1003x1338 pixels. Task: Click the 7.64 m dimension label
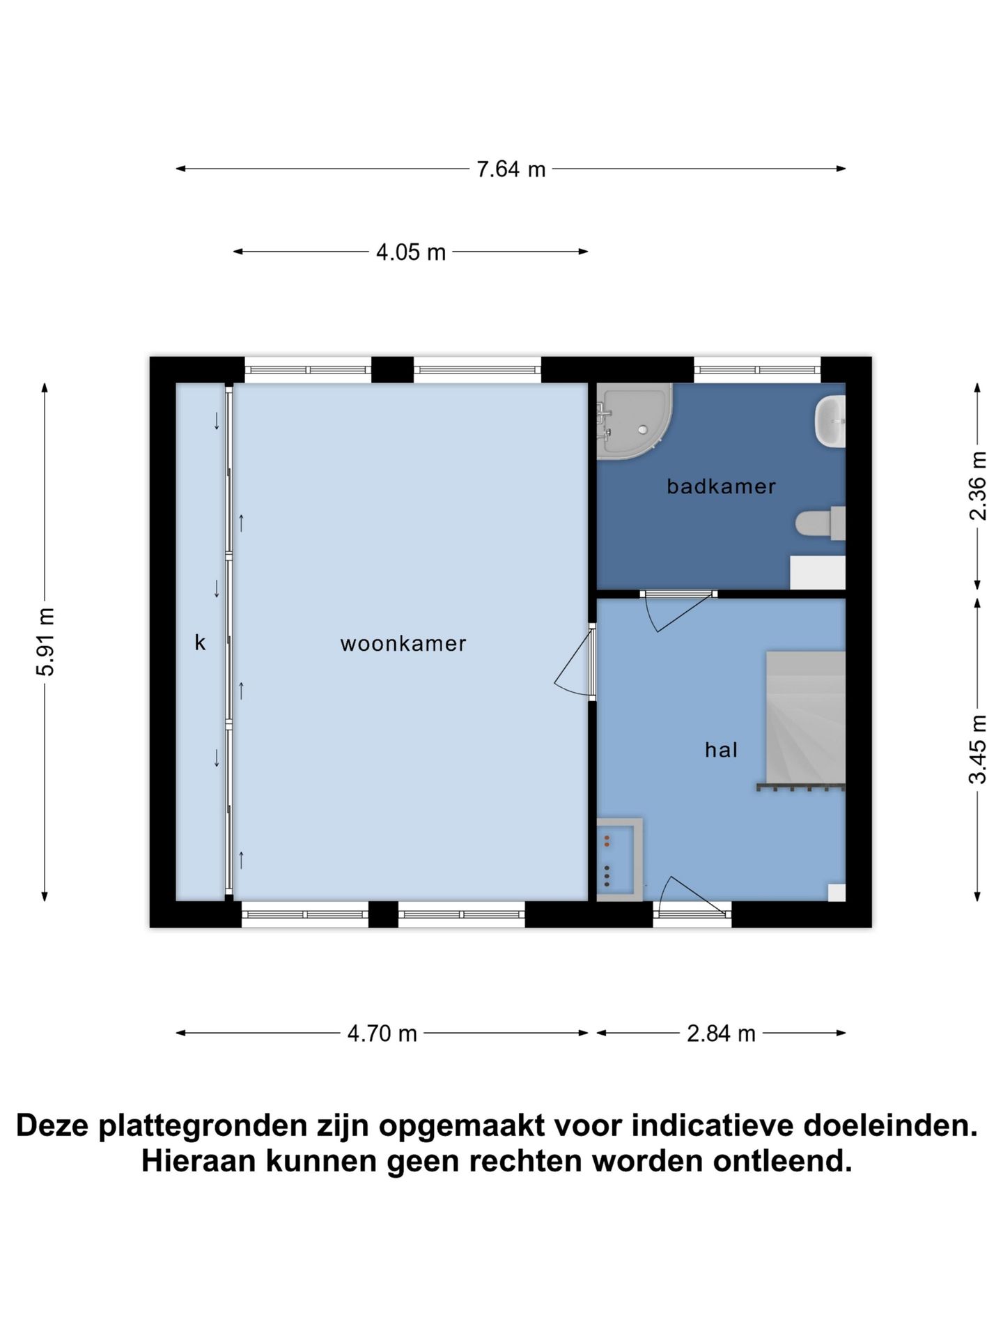coord(511,169)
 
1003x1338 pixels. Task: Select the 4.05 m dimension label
coord(410,252)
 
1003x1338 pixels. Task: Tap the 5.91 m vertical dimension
coord(46,641)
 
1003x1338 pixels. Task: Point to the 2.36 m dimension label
coord(978,486)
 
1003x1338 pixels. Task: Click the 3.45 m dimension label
coord(978,749)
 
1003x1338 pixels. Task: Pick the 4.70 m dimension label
coord(382,1033)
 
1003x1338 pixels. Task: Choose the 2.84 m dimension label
coord(721,1033)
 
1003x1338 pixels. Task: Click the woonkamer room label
coord(403,644)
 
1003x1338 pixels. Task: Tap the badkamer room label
coord(721,486)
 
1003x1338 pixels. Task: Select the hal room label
coord(721,751)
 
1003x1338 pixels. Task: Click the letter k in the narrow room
coord(200,643)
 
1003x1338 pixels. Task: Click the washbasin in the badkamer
coord(830,422)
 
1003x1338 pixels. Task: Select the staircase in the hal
coord(805,718)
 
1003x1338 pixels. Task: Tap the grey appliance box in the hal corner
coord(619,860)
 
